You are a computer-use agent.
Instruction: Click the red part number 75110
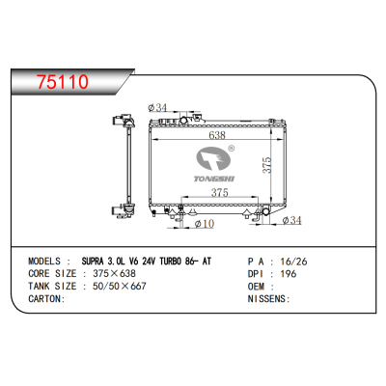click(63, 82)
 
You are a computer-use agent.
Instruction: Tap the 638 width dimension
click(217, 135)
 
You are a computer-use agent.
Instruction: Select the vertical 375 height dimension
click(267, 165)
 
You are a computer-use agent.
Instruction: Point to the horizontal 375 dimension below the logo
click(220, 192)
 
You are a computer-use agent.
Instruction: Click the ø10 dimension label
click(205, 223)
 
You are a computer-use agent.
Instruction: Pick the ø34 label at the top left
click(157, 108)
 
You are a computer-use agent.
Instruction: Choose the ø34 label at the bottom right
click(292, 220)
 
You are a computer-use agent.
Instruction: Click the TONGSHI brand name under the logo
click(214, 179)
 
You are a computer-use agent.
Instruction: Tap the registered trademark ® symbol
click(231, 149)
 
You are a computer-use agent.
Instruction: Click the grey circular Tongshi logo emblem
click(214, 158)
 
